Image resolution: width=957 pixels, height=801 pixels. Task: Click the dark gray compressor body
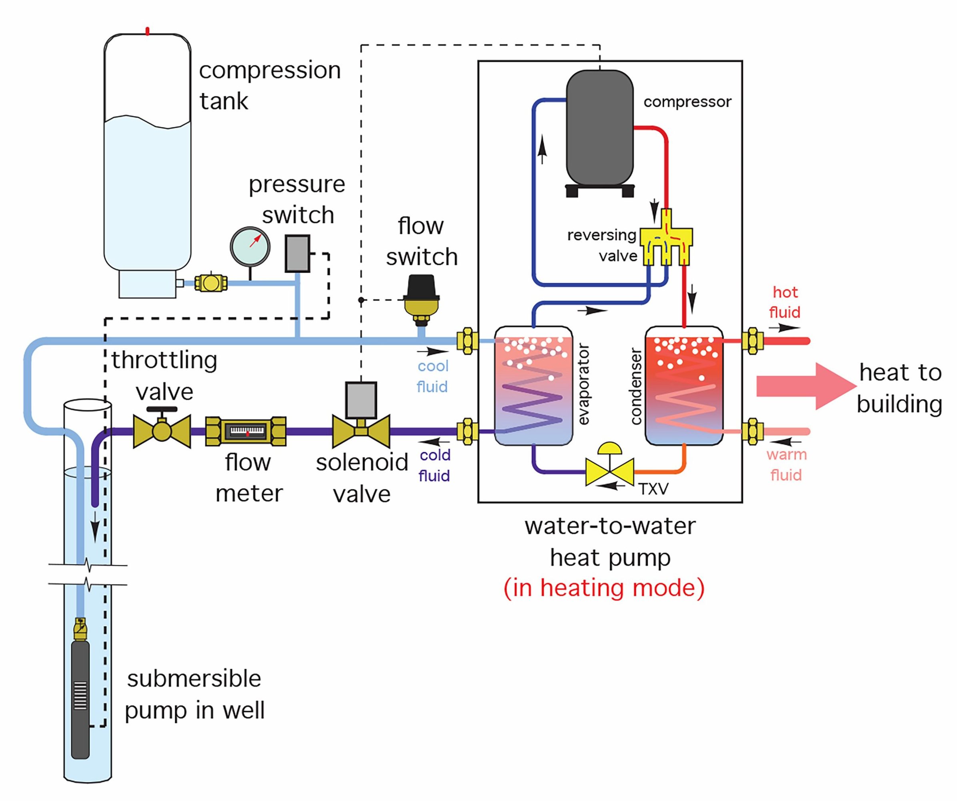(x=599, y=130)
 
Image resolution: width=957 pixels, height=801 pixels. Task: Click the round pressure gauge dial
(x=250, y=247)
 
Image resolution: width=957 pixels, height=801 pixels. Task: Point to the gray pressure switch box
(x=297, y=253)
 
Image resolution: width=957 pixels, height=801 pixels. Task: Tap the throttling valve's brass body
(x=162, y=431)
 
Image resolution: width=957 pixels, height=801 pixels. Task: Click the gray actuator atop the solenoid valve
(x=361, y=400)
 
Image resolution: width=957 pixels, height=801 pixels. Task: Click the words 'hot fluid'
(x=785, y=302)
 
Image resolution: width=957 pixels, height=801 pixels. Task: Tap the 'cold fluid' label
(x=435, y=465)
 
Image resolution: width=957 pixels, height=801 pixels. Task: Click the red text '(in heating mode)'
(x=604, y=588)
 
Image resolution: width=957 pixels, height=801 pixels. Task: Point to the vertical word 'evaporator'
(x=584, y=384)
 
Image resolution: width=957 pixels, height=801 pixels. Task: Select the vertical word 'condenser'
(x=636, y=386)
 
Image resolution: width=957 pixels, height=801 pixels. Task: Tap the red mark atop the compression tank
(x=147, y=31)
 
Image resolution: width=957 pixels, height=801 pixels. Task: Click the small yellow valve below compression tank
(x=210, y=283)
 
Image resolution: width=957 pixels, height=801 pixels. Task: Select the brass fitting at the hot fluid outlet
(x=752, y=341)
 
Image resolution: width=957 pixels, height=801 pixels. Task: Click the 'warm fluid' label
(x=786, y=465)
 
